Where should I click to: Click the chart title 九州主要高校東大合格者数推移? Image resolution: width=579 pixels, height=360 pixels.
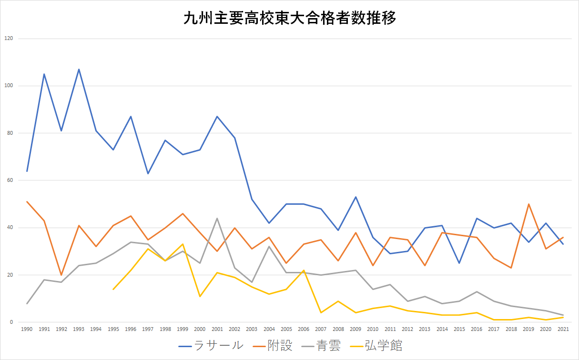pos(290,19)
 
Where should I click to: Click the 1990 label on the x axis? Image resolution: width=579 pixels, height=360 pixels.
pos(27,329)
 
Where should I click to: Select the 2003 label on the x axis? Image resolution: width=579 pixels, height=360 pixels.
pos(252,329)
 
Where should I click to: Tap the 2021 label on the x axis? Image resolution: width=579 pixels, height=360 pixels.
pos(563,329)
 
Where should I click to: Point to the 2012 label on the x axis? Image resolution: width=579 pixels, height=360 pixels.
pos(407,329)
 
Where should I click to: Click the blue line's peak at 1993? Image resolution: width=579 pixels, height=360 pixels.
pos(79,70)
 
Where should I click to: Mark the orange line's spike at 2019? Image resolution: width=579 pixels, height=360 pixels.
pos(528,204)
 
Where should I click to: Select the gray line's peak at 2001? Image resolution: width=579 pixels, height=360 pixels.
pos(217,219)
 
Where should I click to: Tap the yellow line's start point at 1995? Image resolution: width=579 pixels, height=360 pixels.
pos(113,289)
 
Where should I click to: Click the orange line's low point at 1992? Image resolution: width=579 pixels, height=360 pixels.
pos(61,275)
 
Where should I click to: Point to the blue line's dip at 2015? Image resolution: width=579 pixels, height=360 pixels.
pos(459,263)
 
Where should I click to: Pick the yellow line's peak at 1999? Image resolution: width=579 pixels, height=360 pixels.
pos(183,244)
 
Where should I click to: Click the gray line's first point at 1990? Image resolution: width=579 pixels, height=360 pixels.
pos(27,303)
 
